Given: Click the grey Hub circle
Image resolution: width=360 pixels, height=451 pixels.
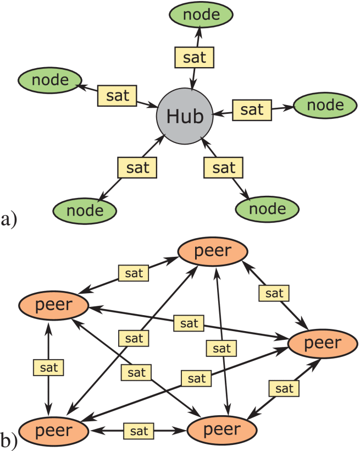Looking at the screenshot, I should point(185,117).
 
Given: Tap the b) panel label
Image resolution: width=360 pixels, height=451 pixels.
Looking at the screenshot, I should point(10,440).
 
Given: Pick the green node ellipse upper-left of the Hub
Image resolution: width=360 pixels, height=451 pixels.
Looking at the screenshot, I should point(50,81).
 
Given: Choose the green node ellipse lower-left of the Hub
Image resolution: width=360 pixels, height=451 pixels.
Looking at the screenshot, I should point(85,210).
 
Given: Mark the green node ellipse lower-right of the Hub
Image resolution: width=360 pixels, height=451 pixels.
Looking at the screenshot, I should point(267,209).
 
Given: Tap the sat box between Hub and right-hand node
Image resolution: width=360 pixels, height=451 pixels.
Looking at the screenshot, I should point(252,109).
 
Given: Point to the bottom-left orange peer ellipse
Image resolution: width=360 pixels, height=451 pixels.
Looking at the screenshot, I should point(53,430).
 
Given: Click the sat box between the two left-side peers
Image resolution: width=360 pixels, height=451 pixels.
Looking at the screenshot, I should point(48,366).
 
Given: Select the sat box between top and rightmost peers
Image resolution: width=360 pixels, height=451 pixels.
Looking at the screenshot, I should point(274,293).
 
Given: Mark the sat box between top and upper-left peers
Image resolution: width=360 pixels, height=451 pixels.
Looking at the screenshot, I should point(133,272).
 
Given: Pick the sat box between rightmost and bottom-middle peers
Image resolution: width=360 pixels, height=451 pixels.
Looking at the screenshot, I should point(284,389).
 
